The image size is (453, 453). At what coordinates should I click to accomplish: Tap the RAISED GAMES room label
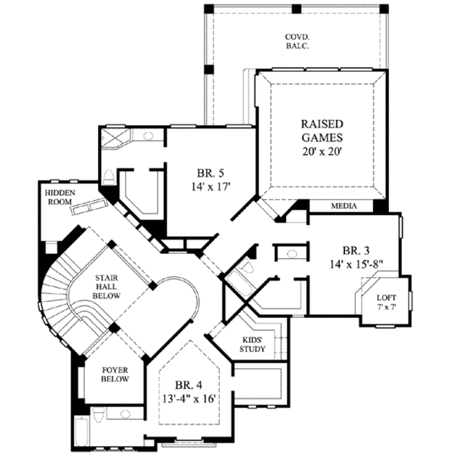point(322,130)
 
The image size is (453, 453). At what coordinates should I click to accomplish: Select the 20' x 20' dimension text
point(322,151)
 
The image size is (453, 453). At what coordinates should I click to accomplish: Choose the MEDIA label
point(344,206)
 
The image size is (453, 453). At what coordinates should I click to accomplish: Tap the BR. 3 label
point(356,251)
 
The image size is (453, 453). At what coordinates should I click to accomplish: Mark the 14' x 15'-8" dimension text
point(356,265)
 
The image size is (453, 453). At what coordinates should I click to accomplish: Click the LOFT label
point(387,297)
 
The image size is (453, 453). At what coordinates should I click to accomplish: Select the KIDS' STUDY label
point(253,344)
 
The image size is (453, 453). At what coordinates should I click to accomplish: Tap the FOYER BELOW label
point(115,374)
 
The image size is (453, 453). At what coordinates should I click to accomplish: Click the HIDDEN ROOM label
point(60,197)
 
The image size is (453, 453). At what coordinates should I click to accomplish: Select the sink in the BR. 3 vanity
point(292,254)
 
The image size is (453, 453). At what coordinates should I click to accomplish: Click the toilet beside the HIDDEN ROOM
point(108,178)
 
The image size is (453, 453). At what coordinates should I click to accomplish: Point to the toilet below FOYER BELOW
point(98,415)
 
